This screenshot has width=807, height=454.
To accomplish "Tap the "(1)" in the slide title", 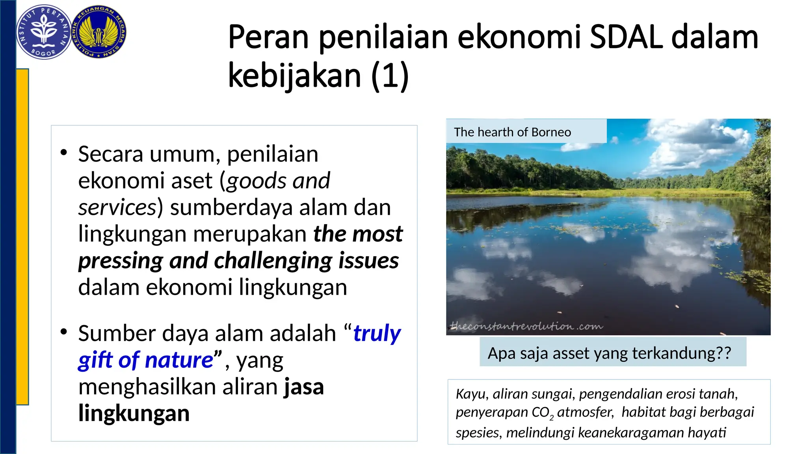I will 390,76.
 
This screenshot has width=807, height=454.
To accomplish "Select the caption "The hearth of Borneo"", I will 512,132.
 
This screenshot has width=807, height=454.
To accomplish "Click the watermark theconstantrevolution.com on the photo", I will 526,326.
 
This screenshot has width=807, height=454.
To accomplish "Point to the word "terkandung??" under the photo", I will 682,353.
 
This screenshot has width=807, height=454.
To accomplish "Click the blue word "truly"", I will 377,333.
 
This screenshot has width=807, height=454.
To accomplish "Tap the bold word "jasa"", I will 304,387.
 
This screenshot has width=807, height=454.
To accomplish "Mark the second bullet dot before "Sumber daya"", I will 64,332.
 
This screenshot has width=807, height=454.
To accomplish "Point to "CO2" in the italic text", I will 543,413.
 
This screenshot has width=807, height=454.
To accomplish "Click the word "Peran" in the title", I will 268,37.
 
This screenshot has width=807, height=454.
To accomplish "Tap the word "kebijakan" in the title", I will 294,76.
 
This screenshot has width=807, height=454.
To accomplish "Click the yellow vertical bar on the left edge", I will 22,236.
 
